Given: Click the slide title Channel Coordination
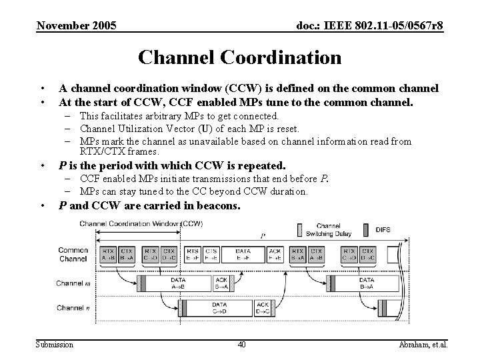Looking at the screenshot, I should coord(239,57).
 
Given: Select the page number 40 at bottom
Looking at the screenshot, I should coord(241,344).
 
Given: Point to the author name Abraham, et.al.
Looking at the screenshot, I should coord(423,344).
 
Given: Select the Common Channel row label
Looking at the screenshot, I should coord(73,255).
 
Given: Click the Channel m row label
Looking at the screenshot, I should coord(74,283).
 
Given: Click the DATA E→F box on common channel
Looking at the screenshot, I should coord(243,255).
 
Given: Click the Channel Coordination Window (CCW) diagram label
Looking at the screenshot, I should coord(141,223).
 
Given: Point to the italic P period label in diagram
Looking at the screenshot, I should coord(262,235).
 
